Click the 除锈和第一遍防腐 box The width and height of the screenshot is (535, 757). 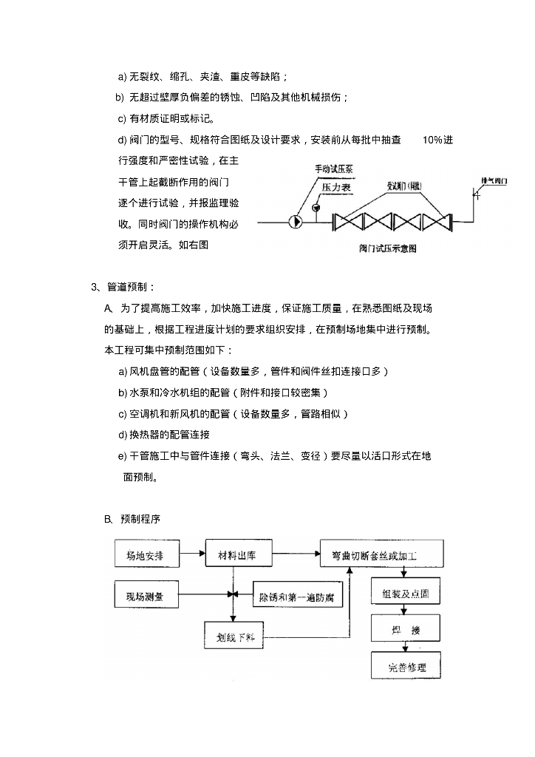point(297,595)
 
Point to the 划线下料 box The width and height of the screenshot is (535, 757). point(235,637)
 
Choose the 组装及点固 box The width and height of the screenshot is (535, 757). point(406,594)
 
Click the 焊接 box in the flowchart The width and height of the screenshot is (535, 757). point(406,630)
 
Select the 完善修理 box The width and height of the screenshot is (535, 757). point(406,668)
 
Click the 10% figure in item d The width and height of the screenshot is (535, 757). point(435,140)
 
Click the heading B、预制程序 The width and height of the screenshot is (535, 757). point(132,518)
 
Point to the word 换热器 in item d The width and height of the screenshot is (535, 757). point(146,434)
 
